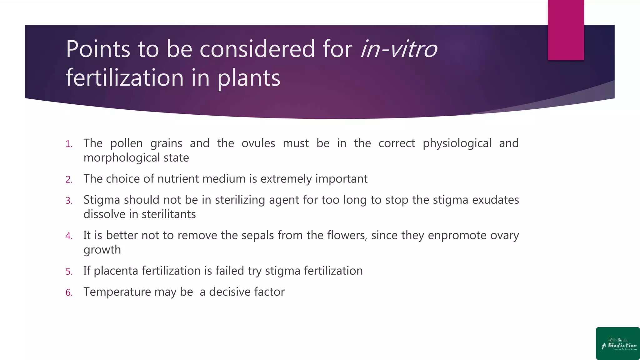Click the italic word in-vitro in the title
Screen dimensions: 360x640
399,49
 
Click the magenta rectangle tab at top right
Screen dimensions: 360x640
566,30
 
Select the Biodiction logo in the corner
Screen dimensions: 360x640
618,343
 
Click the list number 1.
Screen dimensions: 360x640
69,144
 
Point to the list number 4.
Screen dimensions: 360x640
69,236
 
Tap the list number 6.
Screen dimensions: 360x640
69,292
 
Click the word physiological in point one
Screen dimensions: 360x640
457,143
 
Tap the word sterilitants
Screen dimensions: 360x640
168,214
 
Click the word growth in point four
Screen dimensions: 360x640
102,250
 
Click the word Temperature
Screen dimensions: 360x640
117,292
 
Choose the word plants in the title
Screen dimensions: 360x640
249,78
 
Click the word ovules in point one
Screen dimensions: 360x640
258,143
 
